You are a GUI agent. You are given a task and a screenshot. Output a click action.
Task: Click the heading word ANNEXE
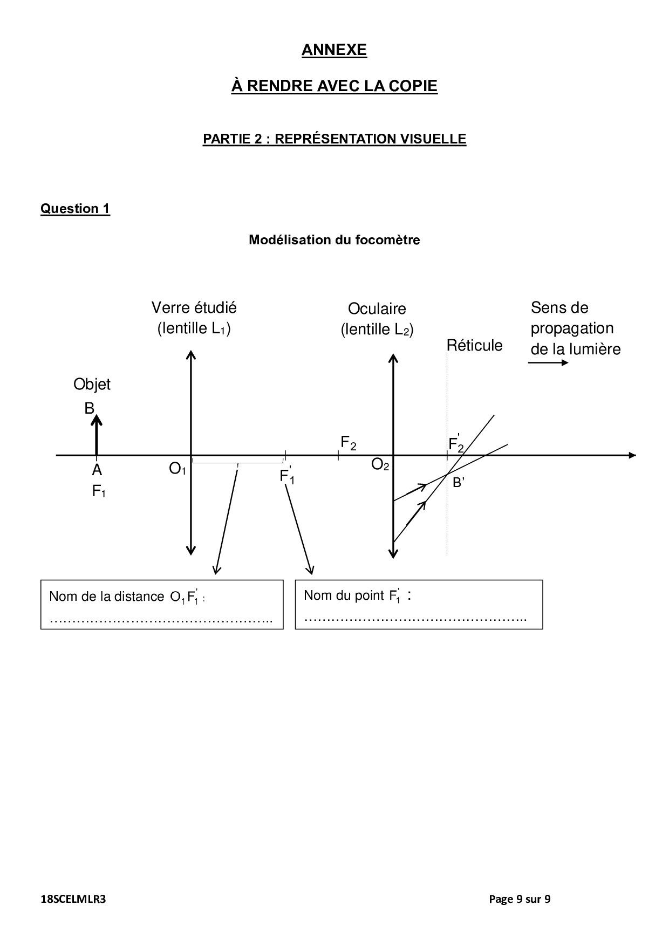pyautogui.click(x=334, y=50)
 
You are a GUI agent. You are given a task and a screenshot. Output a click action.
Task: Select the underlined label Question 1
pyautogui.click(x=75, y=209)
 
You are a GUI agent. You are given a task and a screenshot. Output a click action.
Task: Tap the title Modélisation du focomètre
pyautogui.click(x=334, y=240)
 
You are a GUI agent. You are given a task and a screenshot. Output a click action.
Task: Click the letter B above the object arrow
pyautogui.click(x=89, y=409)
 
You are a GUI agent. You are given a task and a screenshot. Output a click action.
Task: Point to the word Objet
pyautogui.click(x=92, y=385)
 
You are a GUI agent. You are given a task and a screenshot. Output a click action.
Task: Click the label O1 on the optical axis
pyautogui.click(x=178, y=469)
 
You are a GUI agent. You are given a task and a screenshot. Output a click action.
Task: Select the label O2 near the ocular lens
pyautogui.click(x=380, y=465)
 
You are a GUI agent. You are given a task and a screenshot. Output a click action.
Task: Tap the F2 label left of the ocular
pyautogui.click(x=348, y=443)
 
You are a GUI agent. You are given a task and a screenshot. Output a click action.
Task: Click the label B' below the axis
pyautogui.click(x=459, y=483)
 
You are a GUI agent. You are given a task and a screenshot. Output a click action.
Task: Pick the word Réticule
pyautogui.click(x=474, y=346)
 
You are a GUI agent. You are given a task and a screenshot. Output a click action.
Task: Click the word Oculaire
pyautogui.click(x=377, y=309)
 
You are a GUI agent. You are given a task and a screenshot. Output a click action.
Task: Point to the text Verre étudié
pyautogui.click(x=194, y=308)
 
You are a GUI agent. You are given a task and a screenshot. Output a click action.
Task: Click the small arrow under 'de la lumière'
pyautogui.click(x=548, y=362)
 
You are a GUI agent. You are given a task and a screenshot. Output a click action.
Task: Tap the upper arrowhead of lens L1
pyautogui.click(x=190, y=354)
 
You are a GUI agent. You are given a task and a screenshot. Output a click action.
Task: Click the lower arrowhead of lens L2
pyautogui.click(x=393, y=553)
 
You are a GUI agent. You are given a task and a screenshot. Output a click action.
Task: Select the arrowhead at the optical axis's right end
pyautogui.click(x=632, y=456)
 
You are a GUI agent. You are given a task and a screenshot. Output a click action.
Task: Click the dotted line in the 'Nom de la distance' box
pyautogui.click(x=161, y=621)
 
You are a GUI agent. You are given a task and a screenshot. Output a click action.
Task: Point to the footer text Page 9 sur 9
pyautogui.click(x=519, y=899)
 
